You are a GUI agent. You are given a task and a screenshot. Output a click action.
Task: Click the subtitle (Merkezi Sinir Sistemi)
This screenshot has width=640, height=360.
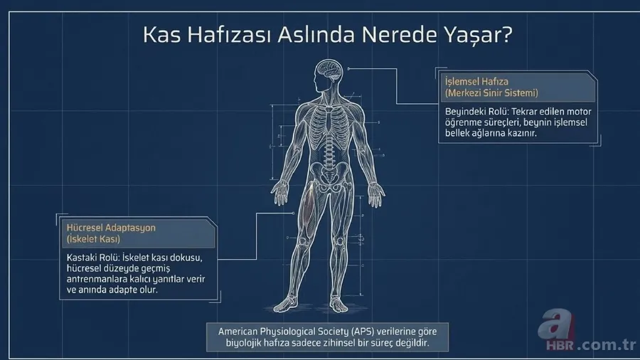click(491, 93)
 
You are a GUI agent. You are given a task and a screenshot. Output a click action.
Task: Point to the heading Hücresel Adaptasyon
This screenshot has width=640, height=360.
click(106, 228)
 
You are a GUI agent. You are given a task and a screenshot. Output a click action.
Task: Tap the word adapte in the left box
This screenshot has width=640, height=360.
click(115, 291)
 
